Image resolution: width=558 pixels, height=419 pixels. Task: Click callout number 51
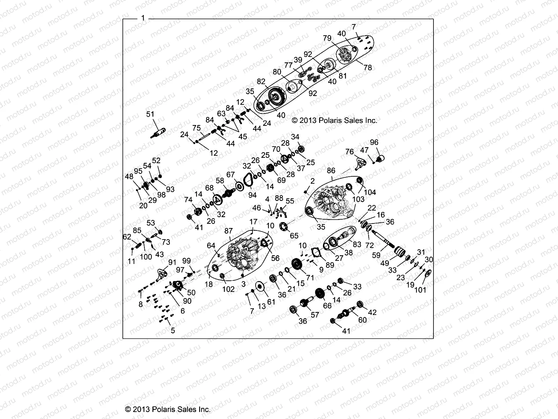tap(150, 114)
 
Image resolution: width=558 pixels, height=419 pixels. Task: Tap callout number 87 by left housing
tap(228, 231)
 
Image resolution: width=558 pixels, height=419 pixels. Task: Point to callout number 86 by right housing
tap(331, 171)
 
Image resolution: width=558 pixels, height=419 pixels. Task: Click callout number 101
tap(420, 290)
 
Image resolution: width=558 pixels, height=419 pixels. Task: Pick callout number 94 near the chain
tap(252, 195)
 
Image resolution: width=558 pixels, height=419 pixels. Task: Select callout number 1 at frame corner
tap(143, 18)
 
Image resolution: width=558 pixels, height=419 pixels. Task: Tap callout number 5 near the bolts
tap(173, 330)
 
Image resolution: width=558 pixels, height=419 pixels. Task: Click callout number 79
tap(327, 38)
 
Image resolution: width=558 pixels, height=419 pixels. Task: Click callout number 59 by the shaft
tap(376, 255)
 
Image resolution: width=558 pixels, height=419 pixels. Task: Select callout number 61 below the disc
tap(271, 302)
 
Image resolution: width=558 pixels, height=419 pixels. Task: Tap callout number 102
tap(228, 289)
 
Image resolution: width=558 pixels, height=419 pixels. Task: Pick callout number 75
tap(196, 128)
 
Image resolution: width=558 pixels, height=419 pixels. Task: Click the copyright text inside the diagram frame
tap(334, 120)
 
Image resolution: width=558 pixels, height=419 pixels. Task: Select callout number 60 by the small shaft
tap(363, 320)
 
